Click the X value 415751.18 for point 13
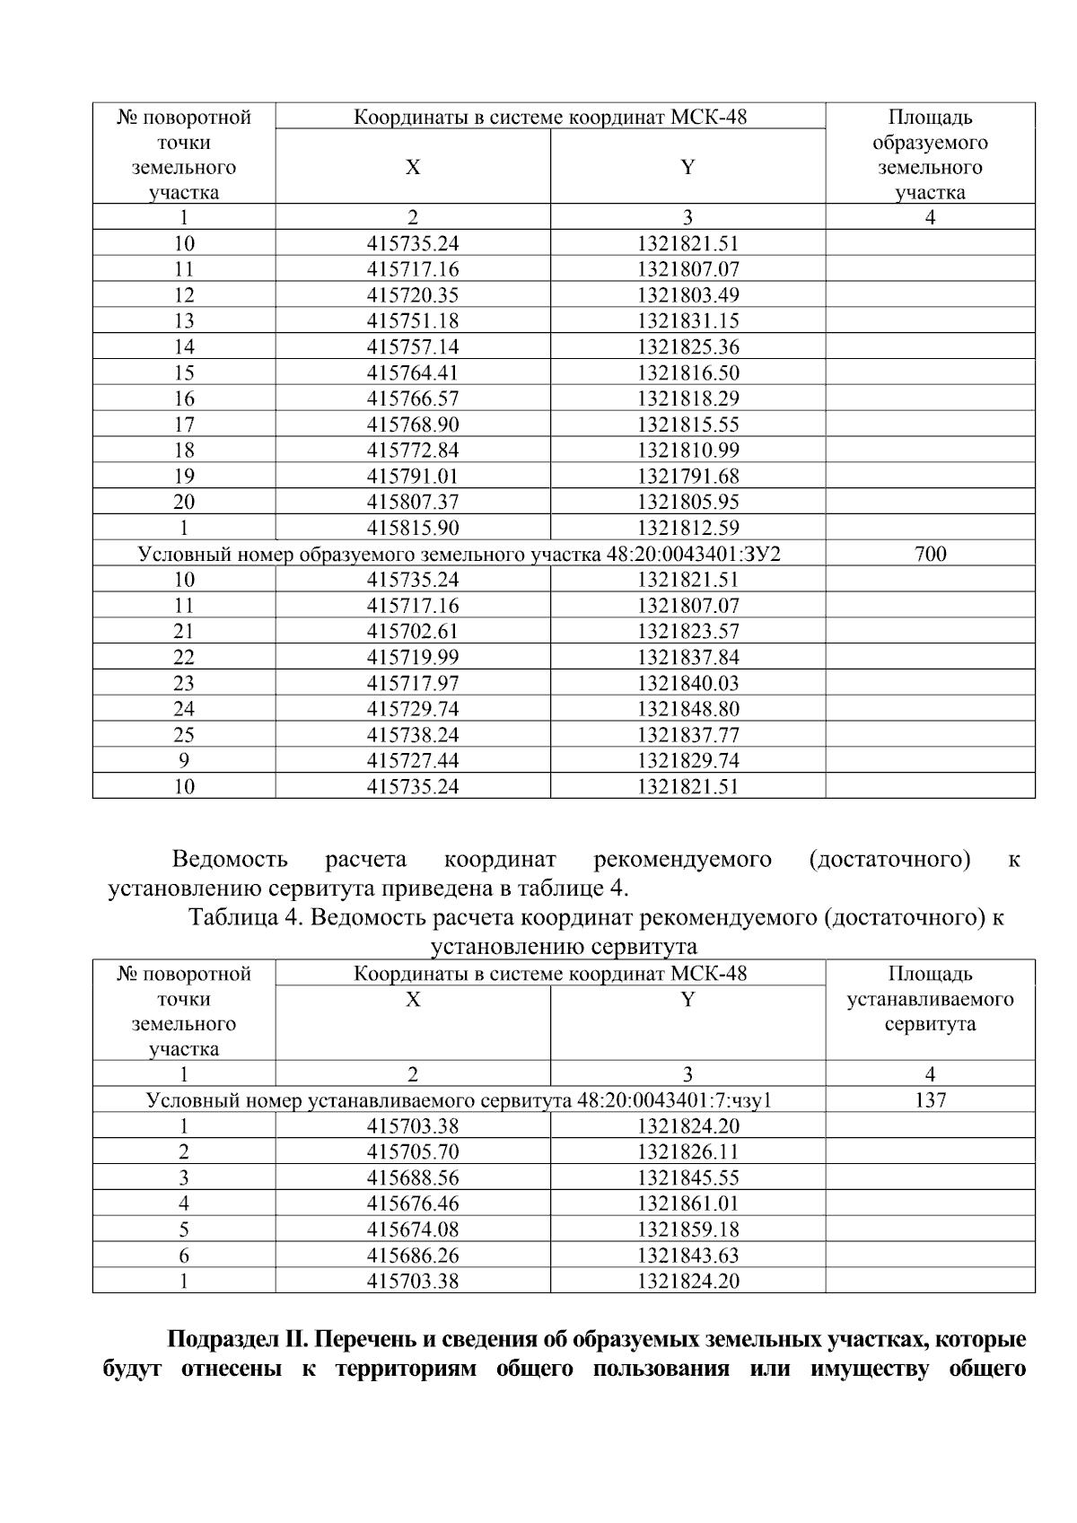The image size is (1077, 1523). point(413,321)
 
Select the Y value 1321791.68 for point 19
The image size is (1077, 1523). point(687,477)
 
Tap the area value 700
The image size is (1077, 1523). point(930,555)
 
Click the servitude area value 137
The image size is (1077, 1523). point(930,1100)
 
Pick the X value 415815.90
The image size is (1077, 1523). point(413,529)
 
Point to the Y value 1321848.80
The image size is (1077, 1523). point(687,709)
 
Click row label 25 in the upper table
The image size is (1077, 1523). point(184,735)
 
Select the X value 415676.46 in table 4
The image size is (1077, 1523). point(413,1204)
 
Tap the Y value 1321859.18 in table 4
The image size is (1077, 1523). point(687,1230)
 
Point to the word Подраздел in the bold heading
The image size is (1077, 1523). point(223,1341)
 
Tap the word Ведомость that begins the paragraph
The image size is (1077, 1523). point(230,860)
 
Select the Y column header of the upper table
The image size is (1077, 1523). point(687,167)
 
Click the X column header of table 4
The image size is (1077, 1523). point(413,1000)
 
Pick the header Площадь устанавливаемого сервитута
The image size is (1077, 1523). point(930,999)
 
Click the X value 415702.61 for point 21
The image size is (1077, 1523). point(413,632)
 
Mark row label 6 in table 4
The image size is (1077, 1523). point(184,1256)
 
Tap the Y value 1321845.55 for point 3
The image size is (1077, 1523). point(687,1177)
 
